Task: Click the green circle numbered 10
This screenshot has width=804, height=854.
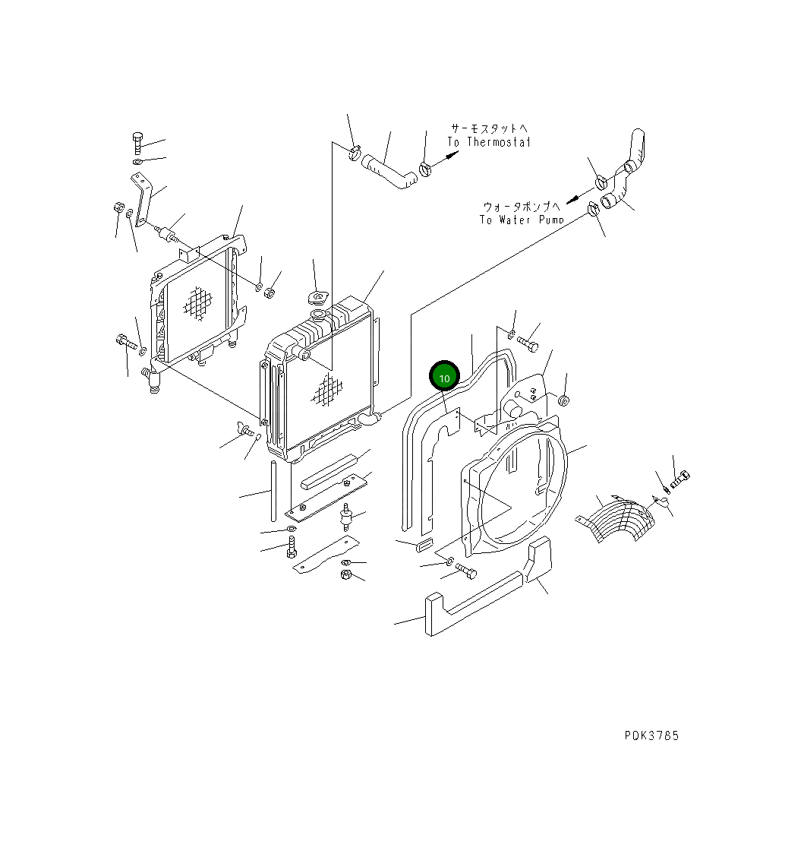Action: (445, 377)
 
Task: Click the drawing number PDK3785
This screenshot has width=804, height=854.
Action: (651, 735)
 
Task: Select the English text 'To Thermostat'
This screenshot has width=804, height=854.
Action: (489, 142)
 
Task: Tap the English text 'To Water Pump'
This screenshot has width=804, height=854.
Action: (522, 220)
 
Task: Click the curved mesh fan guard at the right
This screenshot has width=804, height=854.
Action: (619, 518)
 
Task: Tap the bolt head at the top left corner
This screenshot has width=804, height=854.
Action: (137, 141)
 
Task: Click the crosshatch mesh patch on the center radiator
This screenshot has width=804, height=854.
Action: (325, 390)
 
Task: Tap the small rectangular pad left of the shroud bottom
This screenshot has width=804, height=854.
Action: (424, 543)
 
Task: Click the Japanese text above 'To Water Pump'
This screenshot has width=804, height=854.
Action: (522, 206)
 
